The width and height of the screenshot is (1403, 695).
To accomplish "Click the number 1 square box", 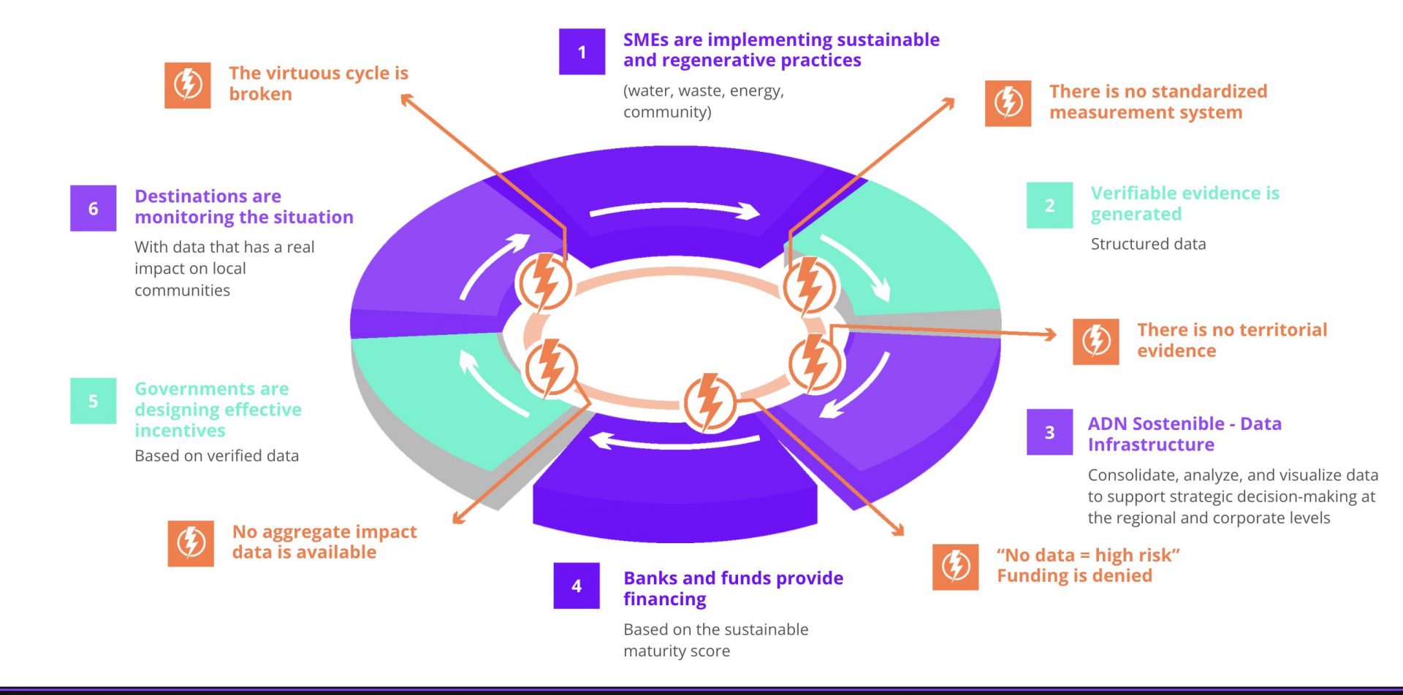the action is point(582,52).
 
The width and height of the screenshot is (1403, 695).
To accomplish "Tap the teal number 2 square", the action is point(1049,205).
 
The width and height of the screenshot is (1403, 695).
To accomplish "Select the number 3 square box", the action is point(1049,432).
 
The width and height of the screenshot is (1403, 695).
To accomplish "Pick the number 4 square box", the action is point(577,585).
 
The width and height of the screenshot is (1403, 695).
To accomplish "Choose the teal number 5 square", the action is point(93,401).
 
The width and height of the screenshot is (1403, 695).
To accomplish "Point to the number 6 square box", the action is point(93,208).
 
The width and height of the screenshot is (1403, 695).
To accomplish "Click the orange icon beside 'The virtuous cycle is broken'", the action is point(188,85).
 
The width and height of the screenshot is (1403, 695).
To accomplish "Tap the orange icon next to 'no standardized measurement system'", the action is point(1008,103).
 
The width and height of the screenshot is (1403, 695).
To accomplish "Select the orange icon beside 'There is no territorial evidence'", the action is point(1096,341).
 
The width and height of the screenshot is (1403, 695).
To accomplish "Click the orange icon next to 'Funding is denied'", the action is point(956,567).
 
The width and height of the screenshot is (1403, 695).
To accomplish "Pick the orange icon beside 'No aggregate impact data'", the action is point(191,543).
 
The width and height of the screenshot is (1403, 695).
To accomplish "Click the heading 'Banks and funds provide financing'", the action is point(733,588).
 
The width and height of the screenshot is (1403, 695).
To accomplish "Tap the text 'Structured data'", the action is point(1148,244).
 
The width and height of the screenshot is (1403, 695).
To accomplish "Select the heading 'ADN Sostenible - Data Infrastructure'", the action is point(1185,434).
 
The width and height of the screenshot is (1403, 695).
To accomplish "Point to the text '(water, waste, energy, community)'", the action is point(704,101).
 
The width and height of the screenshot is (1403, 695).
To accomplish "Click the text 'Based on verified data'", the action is point(216,456).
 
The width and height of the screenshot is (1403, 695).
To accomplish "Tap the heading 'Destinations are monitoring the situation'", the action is point(244,207).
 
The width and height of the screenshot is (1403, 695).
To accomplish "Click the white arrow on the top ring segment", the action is point(675,210).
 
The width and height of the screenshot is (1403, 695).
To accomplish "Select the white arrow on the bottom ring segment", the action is point(674,442).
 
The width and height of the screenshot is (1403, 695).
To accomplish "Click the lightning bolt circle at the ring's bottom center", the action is point(709,402).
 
